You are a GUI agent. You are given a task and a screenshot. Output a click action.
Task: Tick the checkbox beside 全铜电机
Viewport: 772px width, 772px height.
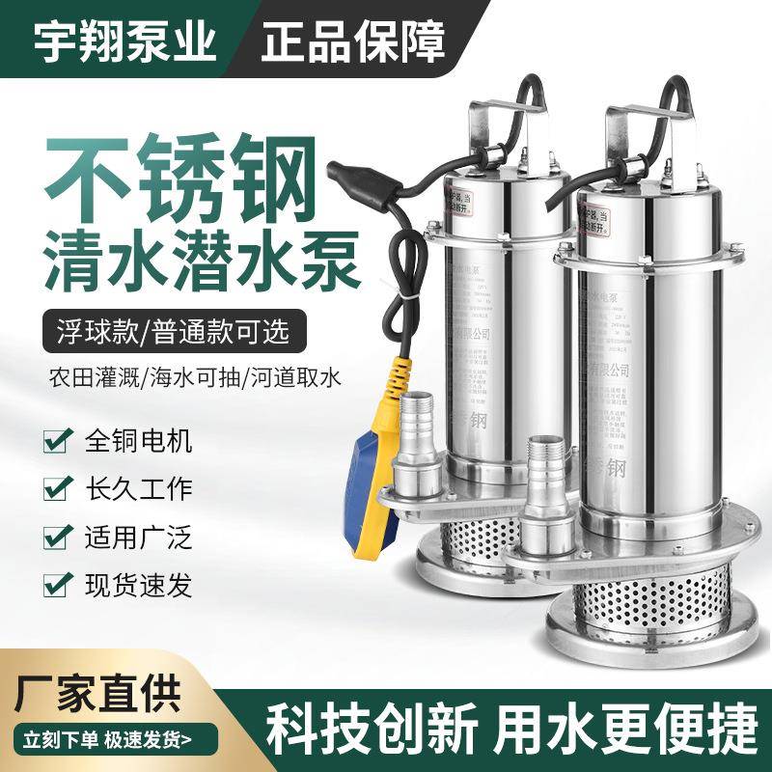coord(56,443)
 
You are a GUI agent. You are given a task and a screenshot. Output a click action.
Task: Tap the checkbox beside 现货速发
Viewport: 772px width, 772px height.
coord(56,581)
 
